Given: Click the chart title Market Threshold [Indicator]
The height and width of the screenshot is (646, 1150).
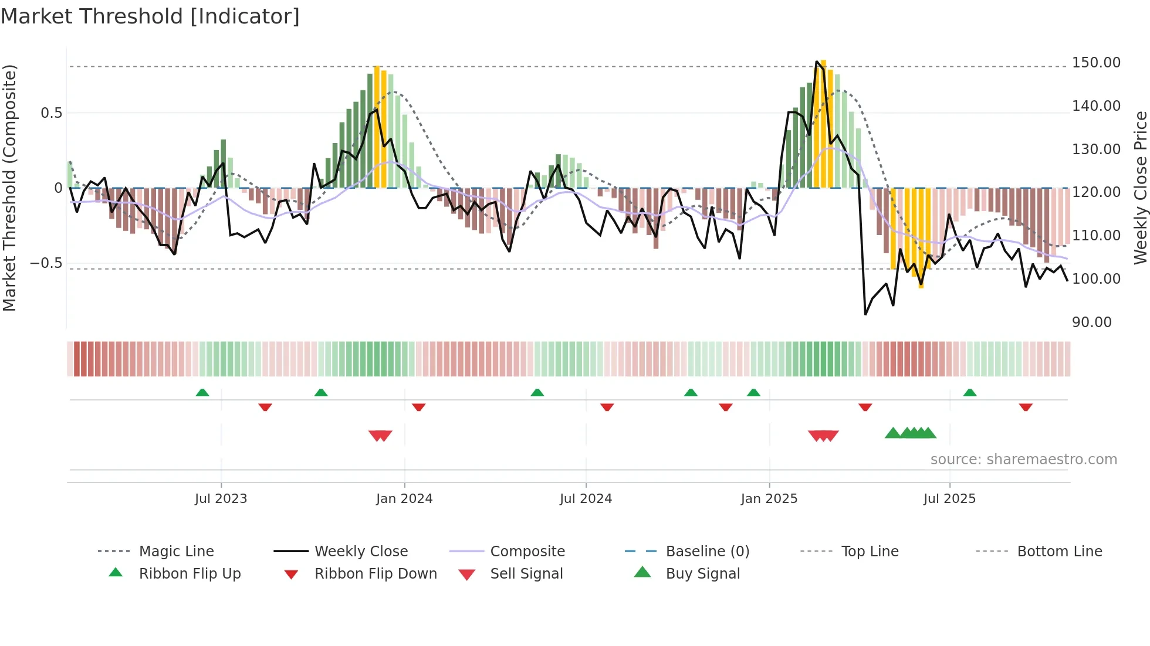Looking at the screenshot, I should coord(150,16).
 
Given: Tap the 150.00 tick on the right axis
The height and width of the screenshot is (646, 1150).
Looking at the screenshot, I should coord(1096,63).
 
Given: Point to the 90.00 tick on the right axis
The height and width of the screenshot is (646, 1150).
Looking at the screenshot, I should coord(1091,322).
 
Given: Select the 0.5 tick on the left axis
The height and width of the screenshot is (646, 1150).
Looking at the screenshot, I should coord(51,113).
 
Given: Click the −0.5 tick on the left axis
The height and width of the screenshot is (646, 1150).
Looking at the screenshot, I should coord(46,263).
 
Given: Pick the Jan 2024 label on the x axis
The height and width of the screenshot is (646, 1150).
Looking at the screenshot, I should coord(404,499).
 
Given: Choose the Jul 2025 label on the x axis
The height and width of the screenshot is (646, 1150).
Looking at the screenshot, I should coord(949,499).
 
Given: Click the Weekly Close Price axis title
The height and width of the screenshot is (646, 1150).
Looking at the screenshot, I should coord(1140,188).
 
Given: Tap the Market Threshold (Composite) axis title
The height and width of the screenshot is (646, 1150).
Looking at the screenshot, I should coord(9,188).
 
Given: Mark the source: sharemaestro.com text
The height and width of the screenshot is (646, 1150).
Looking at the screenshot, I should coord(1023,460).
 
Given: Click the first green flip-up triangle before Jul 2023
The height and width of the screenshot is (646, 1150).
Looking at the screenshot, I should coord(202,392).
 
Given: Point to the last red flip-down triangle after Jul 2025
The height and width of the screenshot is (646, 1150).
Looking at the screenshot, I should coord(1026,407).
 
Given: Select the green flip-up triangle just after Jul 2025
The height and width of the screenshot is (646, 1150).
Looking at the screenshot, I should coord(970,392).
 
